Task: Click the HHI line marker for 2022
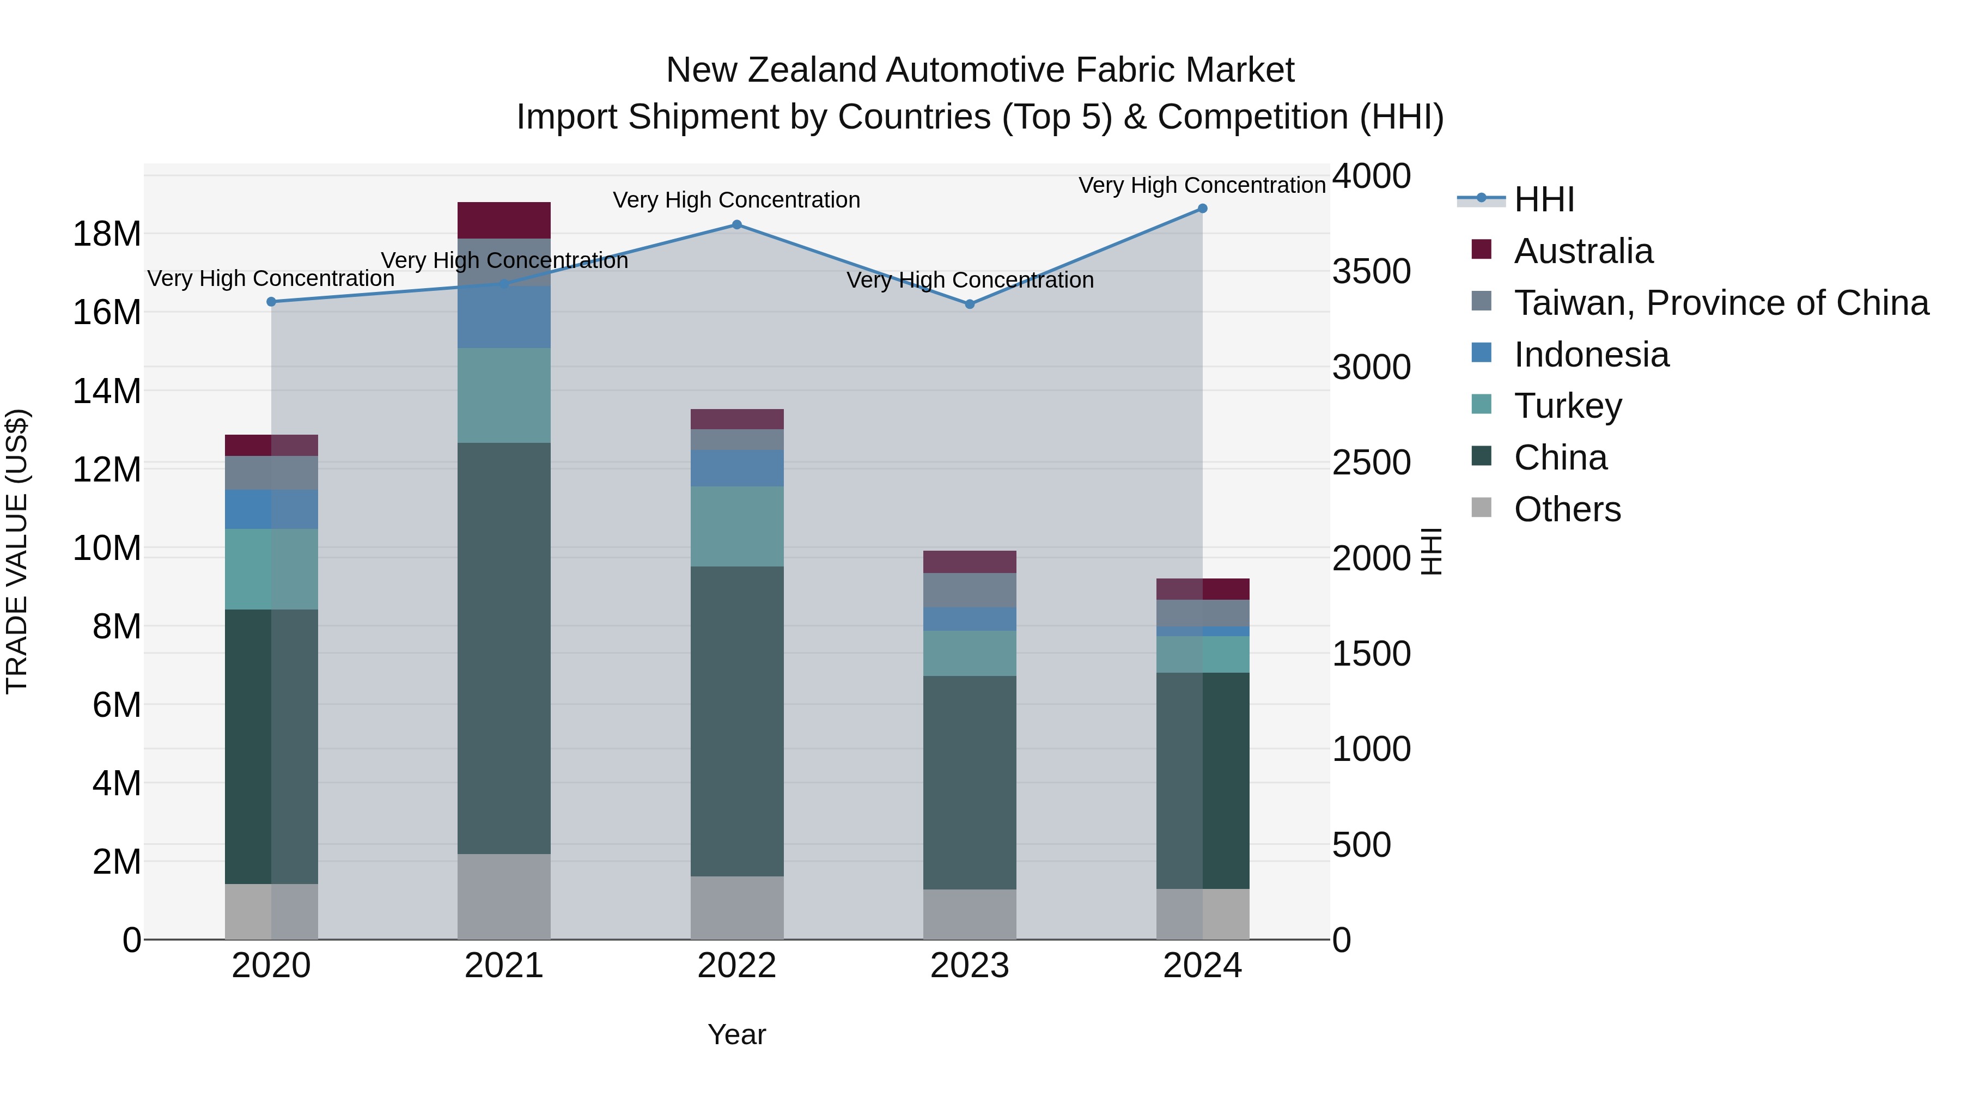[x=736, y=224]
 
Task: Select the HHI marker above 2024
[x=1202, y=209]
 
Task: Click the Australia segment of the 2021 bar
[x=504, y=221]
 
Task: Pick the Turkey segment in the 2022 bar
[x=737, y=526]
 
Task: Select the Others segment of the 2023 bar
[x=969, y=913]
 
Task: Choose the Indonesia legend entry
[x=1591, y=355]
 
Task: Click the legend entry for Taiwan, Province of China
[x=1720, y=303]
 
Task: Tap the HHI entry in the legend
[x=1544, y=199]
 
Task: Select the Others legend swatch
[x=1482, y=508]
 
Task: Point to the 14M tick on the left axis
[x=107, y=391]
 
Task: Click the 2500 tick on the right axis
[x=1371, y=463]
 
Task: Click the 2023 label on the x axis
[x=969, y=966]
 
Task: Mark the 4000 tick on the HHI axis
[x=1371, y=176]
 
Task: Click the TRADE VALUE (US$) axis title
[x=17, y=551]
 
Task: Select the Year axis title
[x=736, y=1034]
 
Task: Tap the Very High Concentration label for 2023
[x=970, y=280]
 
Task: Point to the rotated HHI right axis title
[x=1431, y=551]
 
